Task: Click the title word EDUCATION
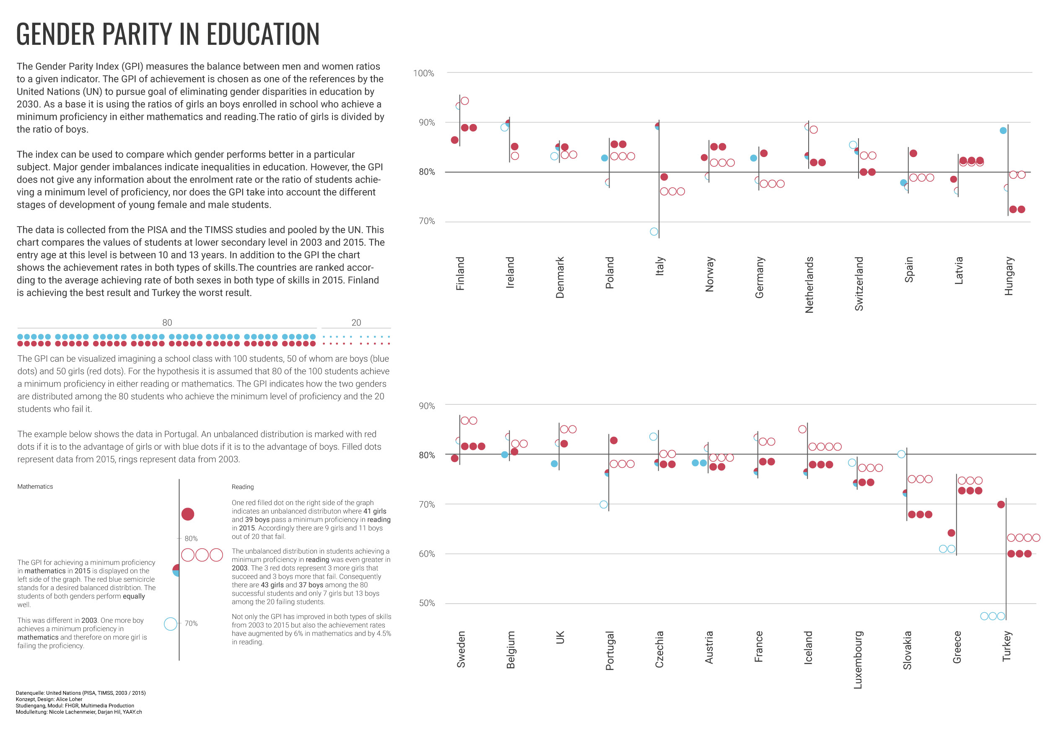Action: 263,34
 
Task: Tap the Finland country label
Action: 460,273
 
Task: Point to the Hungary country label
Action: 1009,276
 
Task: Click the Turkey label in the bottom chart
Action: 1006,646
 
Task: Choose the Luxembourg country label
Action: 858,660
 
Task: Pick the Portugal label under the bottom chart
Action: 610,651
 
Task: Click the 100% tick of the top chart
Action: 423,73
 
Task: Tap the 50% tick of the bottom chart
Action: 427,603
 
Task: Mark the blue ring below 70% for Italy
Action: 654,232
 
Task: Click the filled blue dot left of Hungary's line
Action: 1003,130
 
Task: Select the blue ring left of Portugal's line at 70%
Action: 603,505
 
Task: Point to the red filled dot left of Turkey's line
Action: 1001,505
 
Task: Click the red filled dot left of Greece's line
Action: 951,533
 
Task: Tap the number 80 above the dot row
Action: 167,322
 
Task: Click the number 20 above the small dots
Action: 356,322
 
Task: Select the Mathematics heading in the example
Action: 35,487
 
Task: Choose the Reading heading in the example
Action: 242,487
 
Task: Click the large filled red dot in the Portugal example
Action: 188,514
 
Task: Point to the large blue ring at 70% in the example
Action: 170,624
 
